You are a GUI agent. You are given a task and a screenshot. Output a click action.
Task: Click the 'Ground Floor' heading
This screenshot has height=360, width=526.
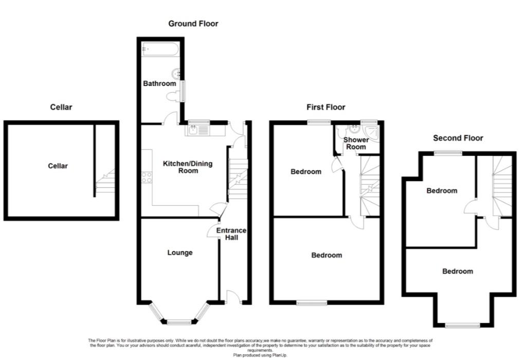(x=193, y=24)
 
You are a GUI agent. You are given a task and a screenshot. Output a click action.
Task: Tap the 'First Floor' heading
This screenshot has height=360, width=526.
(x=326, y=107)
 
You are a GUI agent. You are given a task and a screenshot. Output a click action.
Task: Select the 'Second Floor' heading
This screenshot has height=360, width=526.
(x=458, y=138)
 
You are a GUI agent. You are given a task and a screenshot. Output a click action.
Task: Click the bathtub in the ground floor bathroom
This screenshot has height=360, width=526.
(x=160, y=50)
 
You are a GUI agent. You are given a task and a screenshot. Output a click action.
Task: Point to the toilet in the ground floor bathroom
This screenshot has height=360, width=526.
(x=172, y=96)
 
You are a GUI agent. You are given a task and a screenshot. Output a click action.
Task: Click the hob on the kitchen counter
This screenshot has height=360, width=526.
(x=147, y=177)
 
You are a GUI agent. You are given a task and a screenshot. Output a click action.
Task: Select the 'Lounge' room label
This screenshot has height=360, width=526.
(x=180, y=253)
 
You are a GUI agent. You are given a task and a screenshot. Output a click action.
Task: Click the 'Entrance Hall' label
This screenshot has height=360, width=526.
(x=231, y=234)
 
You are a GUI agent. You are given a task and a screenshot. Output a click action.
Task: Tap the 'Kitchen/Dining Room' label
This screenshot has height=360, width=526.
(x=188, y=167)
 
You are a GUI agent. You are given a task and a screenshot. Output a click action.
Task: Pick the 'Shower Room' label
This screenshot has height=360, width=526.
(x=356, y=143)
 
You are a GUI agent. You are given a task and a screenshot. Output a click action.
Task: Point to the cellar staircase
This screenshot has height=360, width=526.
(x=105, y=183)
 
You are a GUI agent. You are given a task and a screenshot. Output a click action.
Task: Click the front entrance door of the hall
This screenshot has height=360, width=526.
(x=233, y=297)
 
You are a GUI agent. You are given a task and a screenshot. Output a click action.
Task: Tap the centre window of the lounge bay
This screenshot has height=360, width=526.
(x=179, y=322)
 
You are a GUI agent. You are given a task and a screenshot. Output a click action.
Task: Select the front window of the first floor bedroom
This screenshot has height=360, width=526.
(x=312, y=302)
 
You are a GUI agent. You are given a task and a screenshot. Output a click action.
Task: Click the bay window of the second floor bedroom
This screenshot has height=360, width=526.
(x=463, y=325)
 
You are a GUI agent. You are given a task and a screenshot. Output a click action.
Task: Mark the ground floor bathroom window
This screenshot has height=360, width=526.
(x=183, y=91)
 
